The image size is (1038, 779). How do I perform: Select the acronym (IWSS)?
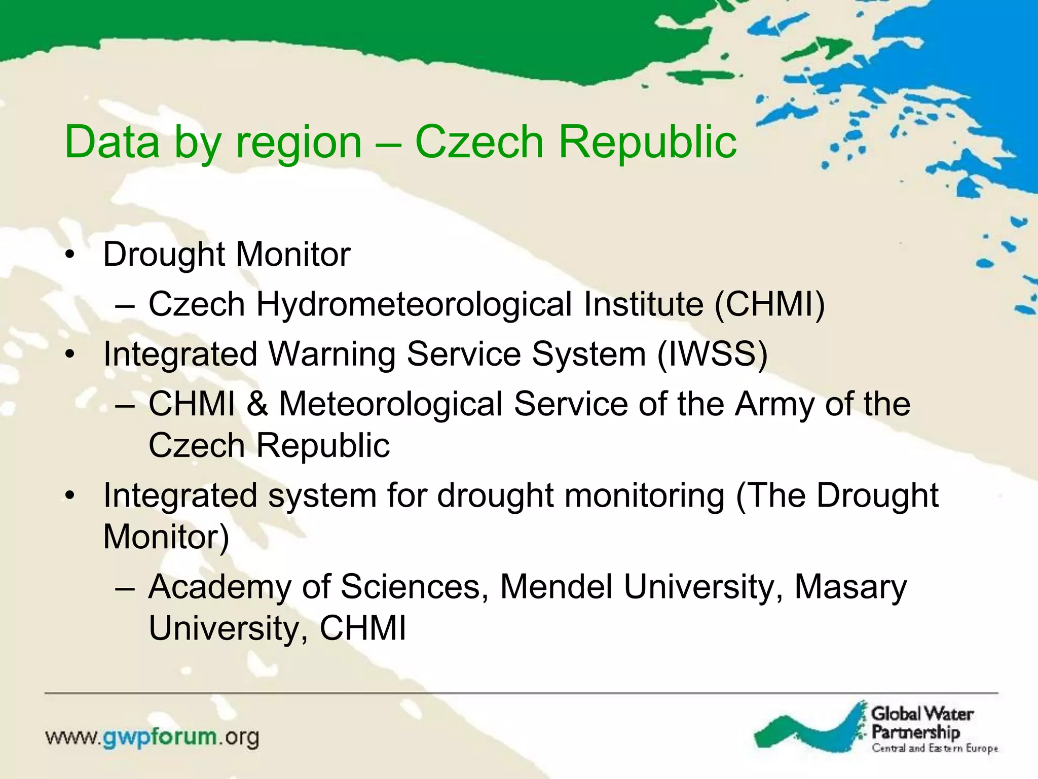point(712,354)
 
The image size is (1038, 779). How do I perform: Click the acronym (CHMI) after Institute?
point(769,304)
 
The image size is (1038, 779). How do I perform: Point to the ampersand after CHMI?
point(257,404)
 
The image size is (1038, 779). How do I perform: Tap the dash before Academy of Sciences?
point(125,589)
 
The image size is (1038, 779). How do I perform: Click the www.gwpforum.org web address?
point(152,737)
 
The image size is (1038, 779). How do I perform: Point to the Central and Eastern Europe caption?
point(934,749)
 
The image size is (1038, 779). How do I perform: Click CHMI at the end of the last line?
point(362,628)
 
